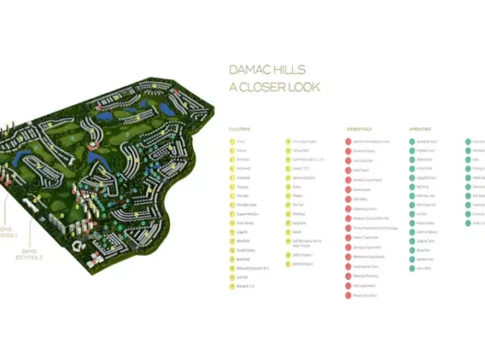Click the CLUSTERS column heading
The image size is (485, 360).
(x=239, y=128)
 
